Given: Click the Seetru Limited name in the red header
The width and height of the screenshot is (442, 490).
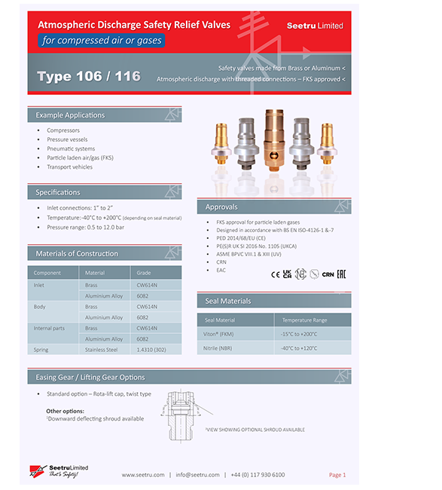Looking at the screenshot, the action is [315, 26].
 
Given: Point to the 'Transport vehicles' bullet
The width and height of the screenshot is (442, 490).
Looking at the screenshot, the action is [70, 167].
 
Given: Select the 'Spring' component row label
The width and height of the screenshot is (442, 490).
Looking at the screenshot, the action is [41, 349].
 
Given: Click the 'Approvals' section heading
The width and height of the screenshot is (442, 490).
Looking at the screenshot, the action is [221, 207].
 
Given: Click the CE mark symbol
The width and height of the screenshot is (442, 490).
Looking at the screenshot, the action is [275, 274].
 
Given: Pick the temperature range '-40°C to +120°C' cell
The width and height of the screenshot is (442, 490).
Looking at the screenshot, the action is [300, 348].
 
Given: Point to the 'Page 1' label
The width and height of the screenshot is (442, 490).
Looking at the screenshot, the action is [337, 475].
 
